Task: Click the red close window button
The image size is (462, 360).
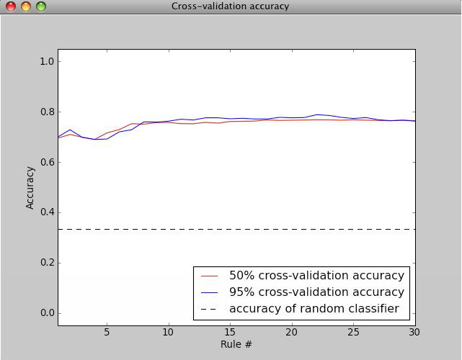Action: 10,6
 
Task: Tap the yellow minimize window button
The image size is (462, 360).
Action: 25,6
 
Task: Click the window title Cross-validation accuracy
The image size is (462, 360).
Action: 230,6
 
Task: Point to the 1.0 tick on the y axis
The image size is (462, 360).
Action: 46,62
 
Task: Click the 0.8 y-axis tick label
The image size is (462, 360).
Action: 46,112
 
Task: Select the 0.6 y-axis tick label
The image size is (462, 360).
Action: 46,163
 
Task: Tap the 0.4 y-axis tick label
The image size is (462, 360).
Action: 46,212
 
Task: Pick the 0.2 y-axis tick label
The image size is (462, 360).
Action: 46,263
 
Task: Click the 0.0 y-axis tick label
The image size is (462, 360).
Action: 46,313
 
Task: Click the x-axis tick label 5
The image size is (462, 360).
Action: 107,332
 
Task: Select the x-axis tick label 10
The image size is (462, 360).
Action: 168,332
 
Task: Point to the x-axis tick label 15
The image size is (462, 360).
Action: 230,332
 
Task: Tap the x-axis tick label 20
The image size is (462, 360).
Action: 292,332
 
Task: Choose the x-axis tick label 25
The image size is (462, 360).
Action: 353,332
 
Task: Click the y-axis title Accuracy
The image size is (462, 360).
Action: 30,187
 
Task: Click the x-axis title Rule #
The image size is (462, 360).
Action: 236,344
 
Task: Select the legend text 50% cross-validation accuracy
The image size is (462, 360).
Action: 316,276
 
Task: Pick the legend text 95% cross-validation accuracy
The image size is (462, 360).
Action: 316,292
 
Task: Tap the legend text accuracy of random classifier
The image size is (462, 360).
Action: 314,309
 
